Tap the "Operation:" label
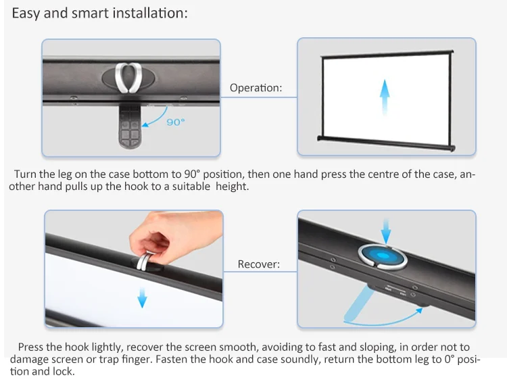point(256,88)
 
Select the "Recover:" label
point(258,264)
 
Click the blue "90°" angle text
point(176,122)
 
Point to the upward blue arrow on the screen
point(385,97)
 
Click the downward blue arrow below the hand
point(141,296)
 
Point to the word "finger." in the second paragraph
point(137,360)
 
